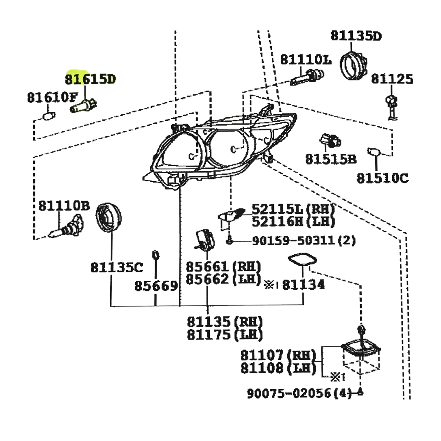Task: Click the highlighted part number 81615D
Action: (90, 79)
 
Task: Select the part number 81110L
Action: (306, 60)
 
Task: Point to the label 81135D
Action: (356, 36)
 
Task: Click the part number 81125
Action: (392, 79)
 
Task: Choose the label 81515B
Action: (331, 159)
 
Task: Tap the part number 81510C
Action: (383, 178)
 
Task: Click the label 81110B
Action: (64, 206)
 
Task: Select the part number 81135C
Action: (117, 267)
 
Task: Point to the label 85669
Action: (156, 286)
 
